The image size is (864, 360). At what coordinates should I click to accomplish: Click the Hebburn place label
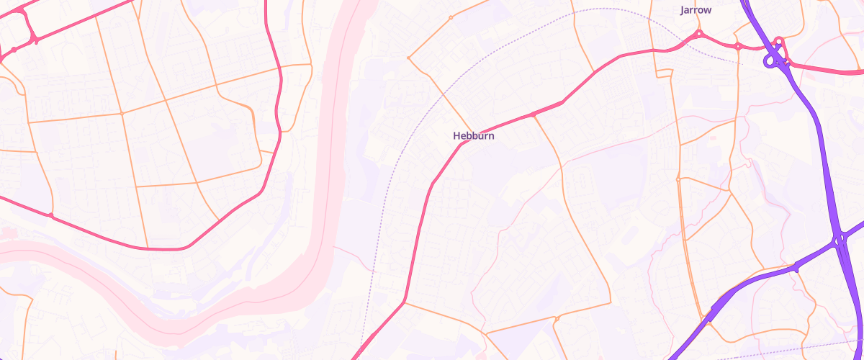coord(474,135)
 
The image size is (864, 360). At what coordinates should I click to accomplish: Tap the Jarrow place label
coord(696,10)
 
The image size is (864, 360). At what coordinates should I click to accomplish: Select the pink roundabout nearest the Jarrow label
coord(698,34)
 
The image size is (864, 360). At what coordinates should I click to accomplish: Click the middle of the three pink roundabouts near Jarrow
coord(738,47)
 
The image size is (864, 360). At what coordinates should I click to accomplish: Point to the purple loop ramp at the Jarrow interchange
coord(771,62)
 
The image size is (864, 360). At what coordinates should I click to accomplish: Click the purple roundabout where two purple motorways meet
coord(839,238)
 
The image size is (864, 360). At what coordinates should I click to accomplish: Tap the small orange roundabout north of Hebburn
coord(451,17)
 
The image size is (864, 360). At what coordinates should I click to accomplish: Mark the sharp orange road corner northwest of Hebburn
coord(409,58)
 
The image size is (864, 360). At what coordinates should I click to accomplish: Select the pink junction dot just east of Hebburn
coord(533,114)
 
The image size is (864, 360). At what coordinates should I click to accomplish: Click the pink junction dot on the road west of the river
coord(50,215)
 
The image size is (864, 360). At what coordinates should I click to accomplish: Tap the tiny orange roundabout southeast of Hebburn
coord(557,318)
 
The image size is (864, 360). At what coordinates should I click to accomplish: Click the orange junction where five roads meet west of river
coord(122,113)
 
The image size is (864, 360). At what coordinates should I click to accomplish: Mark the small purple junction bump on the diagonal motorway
coord(796,268)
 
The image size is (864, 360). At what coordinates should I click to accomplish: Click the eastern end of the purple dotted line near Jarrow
coord(742,64)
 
